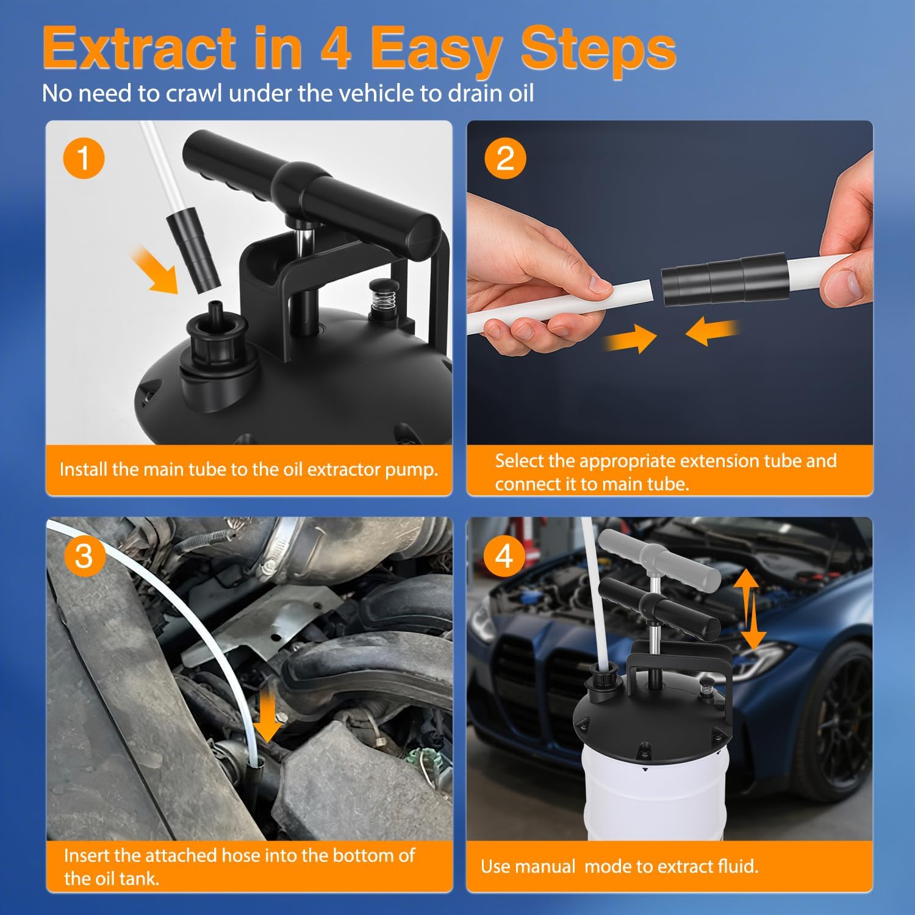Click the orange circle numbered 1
point(84,158)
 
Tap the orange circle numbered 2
point(505,158)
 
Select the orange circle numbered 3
point(84,556)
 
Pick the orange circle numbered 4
point(504,556)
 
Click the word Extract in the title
point(140,49)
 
